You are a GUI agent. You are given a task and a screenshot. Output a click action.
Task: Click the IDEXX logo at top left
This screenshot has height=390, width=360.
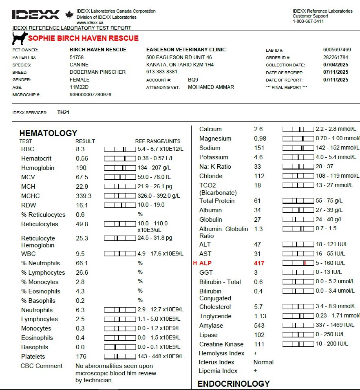[x=36, y=15]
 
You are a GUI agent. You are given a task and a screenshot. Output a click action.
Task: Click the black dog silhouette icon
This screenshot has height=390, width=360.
[x=20, y=38]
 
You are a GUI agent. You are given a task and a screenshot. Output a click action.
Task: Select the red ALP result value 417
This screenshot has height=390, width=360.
[x=259, y=263]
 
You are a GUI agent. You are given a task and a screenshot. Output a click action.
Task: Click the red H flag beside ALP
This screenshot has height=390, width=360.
[x=195, y=263]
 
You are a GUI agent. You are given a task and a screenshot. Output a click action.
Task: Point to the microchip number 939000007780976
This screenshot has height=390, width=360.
[x=91, y=95]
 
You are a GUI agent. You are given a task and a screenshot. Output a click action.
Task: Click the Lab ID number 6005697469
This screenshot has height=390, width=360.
[x=337, y=50]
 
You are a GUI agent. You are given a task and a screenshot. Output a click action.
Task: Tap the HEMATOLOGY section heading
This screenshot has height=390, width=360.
[x=48, y=133]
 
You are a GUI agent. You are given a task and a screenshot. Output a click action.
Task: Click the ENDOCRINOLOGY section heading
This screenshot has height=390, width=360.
[x=234, y=383]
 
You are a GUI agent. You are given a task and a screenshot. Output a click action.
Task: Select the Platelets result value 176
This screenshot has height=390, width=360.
[x=81, y=357]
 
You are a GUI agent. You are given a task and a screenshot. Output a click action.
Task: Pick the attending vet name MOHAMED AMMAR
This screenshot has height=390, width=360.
[x=211, y=87]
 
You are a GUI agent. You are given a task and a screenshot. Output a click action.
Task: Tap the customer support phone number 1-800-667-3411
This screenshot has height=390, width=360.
[x=308, y=21]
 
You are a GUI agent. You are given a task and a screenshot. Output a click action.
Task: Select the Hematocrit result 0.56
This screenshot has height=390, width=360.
[x=82, y=159]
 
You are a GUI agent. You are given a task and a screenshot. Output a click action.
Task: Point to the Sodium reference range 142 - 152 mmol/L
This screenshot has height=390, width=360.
[x=337, y=148]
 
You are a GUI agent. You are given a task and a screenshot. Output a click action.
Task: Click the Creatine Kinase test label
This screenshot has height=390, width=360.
[x=221, y=344]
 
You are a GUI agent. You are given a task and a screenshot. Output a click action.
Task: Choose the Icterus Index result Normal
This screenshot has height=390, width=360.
[x=263, y=362]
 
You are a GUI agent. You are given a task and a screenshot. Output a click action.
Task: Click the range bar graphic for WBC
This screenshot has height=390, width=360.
[x=120, y=253]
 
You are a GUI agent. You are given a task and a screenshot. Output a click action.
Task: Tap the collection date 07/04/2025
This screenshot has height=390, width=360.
[x=336, y=65]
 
